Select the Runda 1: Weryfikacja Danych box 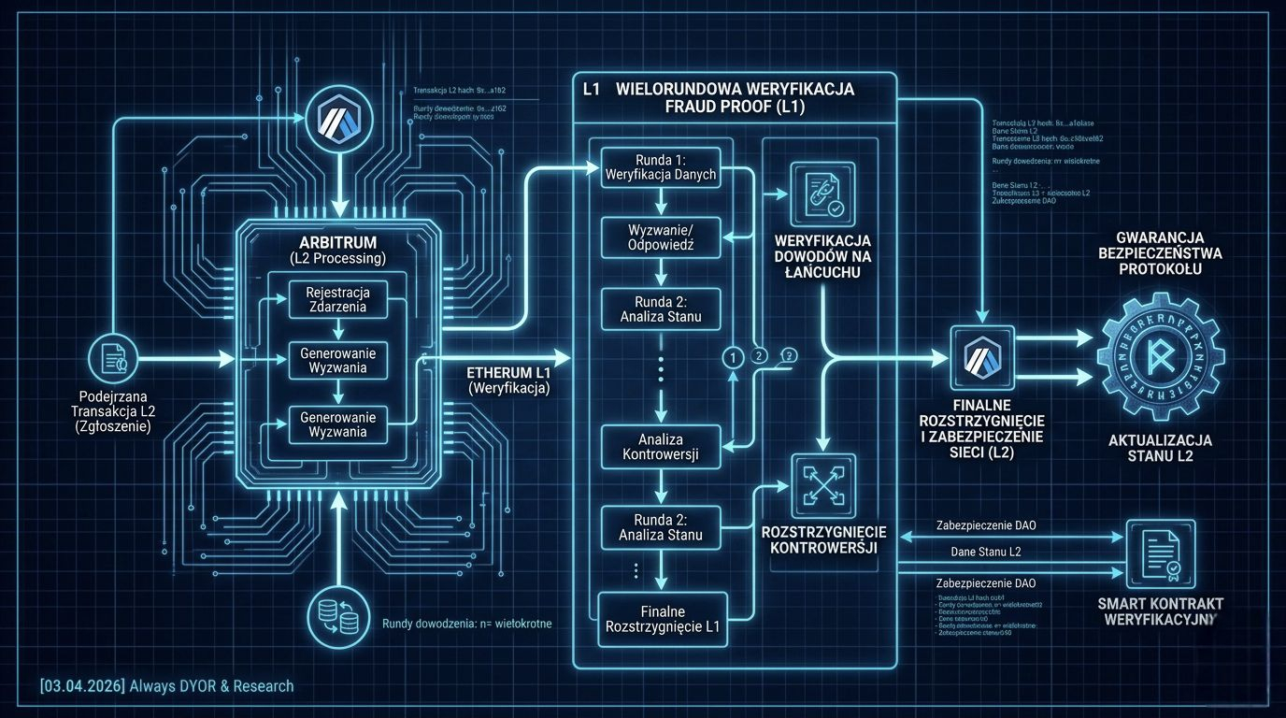point(661,165)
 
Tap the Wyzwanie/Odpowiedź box point(661,237)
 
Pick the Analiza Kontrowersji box point(661,447)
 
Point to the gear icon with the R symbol point(1160,357)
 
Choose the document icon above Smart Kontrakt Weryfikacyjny point(1159,553)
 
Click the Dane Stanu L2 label point(985,552)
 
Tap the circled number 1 point(733,356)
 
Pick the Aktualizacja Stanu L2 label point(1160,448)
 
